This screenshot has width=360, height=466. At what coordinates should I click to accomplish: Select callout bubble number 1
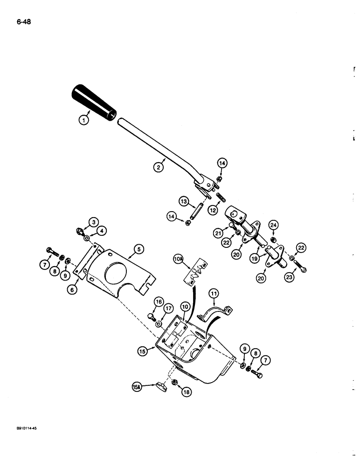click(83, 120)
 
